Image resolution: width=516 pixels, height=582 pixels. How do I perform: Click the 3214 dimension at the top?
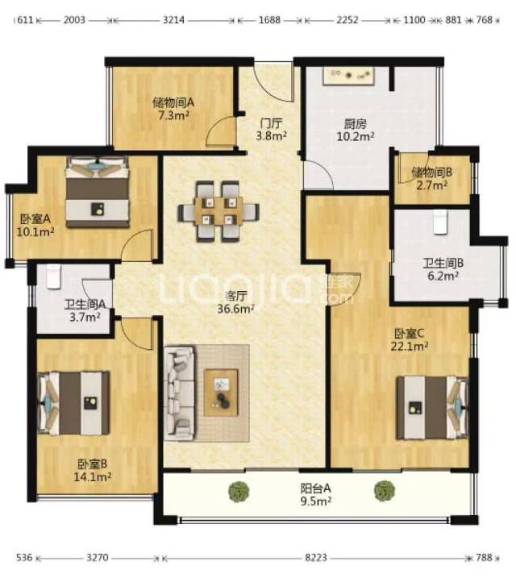click(173, 19)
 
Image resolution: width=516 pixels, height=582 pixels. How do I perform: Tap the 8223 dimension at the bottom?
click(316, 558)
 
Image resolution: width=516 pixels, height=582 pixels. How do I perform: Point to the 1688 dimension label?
click(269, 19)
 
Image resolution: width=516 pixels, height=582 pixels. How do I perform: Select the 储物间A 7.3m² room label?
click(173, 108)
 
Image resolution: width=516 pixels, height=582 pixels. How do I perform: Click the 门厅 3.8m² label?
click(272, 129)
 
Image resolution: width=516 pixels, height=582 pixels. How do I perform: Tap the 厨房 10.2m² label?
click(356, 130)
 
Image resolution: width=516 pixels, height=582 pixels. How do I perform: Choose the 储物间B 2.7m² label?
click(431, 178)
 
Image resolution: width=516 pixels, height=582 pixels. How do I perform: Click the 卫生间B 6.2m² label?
click(443, 269)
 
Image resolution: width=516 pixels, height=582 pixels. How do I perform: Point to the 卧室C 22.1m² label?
click(410, 339)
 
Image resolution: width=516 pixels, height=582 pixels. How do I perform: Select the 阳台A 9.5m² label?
click(316, 494)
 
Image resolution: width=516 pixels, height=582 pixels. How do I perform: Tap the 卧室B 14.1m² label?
click(93, 470)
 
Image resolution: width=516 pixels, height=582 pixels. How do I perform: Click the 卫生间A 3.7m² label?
click(85, 310)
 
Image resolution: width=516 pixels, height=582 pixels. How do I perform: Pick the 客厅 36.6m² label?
click(235, 302)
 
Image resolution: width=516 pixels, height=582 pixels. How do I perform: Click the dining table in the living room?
click(218, 211)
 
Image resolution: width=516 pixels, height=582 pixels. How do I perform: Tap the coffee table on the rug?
click(221, 393)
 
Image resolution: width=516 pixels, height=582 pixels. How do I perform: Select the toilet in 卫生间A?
click(54, 276)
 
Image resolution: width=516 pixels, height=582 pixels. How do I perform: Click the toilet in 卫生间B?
click(440, 222)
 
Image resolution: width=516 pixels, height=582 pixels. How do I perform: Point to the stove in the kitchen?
click(348, 77)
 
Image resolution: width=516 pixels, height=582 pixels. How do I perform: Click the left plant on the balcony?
click(239, 492)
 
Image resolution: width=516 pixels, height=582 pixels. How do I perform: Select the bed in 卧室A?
click(98, 192)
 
